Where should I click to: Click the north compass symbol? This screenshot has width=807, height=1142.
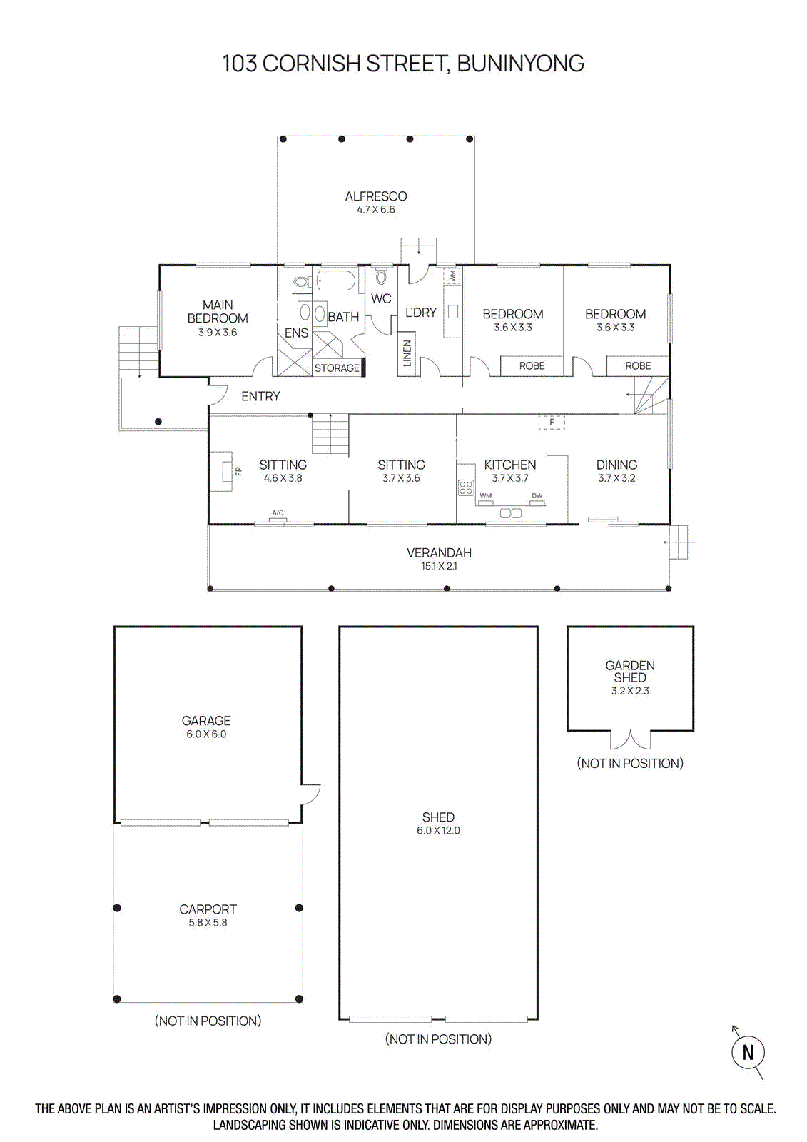(x=748, y=1052)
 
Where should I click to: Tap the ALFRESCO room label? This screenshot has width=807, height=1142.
(x=376, y=196)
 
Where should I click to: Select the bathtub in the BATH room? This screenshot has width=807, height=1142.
(x=336, y=281)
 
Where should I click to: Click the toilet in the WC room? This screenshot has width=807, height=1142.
(x=381, y=277)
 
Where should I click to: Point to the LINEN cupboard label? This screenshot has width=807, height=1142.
(x=407, y=353)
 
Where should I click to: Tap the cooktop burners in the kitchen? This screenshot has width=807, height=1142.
(x=466, y=487)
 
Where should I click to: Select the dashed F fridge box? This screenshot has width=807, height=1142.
(x=552, y=423)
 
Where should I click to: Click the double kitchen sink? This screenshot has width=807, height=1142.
(x=511, y=513)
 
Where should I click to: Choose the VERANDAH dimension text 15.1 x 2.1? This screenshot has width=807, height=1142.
(x=439, y=566)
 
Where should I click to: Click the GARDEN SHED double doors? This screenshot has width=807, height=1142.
(x=630, y=739)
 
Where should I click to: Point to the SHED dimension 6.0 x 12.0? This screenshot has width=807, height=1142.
(x=438, y=831)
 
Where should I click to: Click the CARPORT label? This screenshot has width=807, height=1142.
(x=208, y=909)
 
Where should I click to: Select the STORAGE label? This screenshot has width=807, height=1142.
(x=337, y=368)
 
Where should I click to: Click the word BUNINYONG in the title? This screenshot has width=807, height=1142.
(x=520, y=64)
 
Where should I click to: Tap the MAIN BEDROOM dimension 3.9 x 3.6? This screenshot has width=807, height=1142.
(x=218, y=333)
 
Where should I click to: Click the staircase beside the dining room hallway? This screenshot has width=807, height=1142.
(x=651, y=396)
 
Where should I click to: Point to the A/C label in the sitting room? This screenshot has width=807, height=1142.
(x=278, y=513)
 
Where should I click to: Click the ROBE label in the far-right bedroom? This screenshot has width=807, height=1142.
(x=638, y=366)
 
